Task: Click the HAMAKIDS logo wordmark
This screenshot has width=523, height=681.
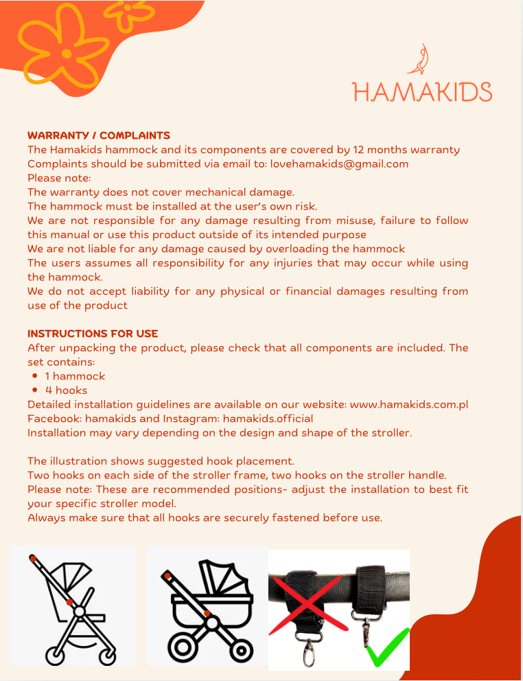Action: [422, 91]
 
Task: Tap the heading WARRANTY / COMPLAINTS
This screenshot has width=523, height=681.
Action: [98, 135]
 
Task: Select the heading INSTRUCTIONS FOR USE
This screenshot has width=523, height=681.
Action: [93, 333]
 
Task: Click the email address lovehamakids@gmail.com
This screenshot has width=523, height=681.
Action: [340, 164]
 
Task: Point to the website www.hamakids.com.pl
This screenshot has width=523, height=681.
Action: [409, 404]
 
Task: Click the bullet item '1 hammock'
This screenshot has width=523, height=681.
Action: [75, 376]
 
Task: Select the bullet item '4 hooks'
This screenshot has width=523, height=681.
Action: [66, 390]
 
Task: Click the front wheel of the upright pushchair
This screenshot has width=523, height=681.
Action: [107, 655]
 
